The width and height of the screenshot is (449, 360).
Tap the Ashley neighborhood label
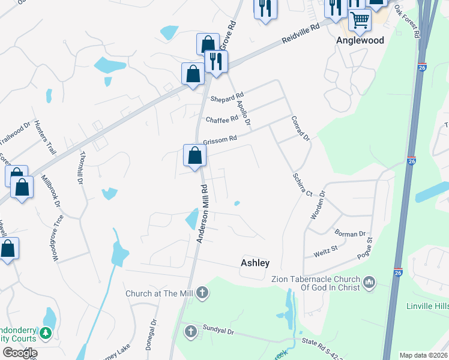tap(255, 263)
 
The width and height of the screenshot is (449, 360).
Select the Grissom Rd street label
tap(220, 139)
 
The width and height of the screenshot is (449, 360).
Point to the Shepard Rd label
tap(226, 97)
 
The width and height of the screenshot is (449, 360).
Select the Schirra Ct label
tap(303, 185)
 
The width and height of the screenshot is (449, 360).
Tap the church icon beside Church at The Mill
tap(203, 293)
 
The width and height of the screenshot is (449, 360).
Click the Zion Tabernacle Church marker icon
tap(369, 281)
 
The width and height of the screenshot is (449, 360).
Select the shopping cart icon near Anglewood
tap(360, 19)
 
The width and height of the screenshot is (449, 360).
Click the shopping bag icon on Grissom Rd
tap(194, 156)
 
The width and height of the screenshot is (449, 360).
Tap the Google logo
tap(20, 353)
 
